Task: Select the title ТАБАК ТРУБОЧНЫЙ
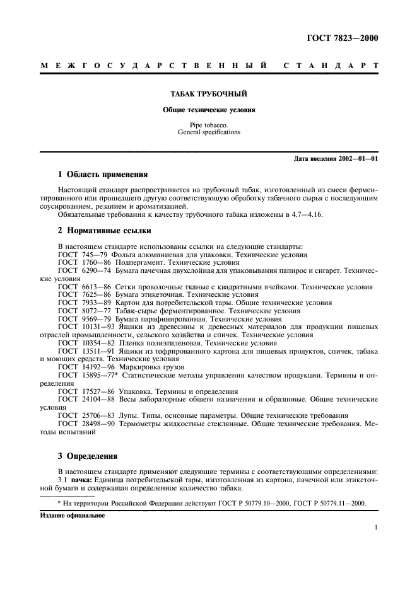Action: tap(208, 93)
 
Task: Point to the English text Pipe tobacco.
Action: tap(208, 125)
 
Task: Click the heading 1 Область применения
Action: tap(102, 174)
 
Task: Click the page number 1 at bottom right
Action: tap(376, 529)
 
